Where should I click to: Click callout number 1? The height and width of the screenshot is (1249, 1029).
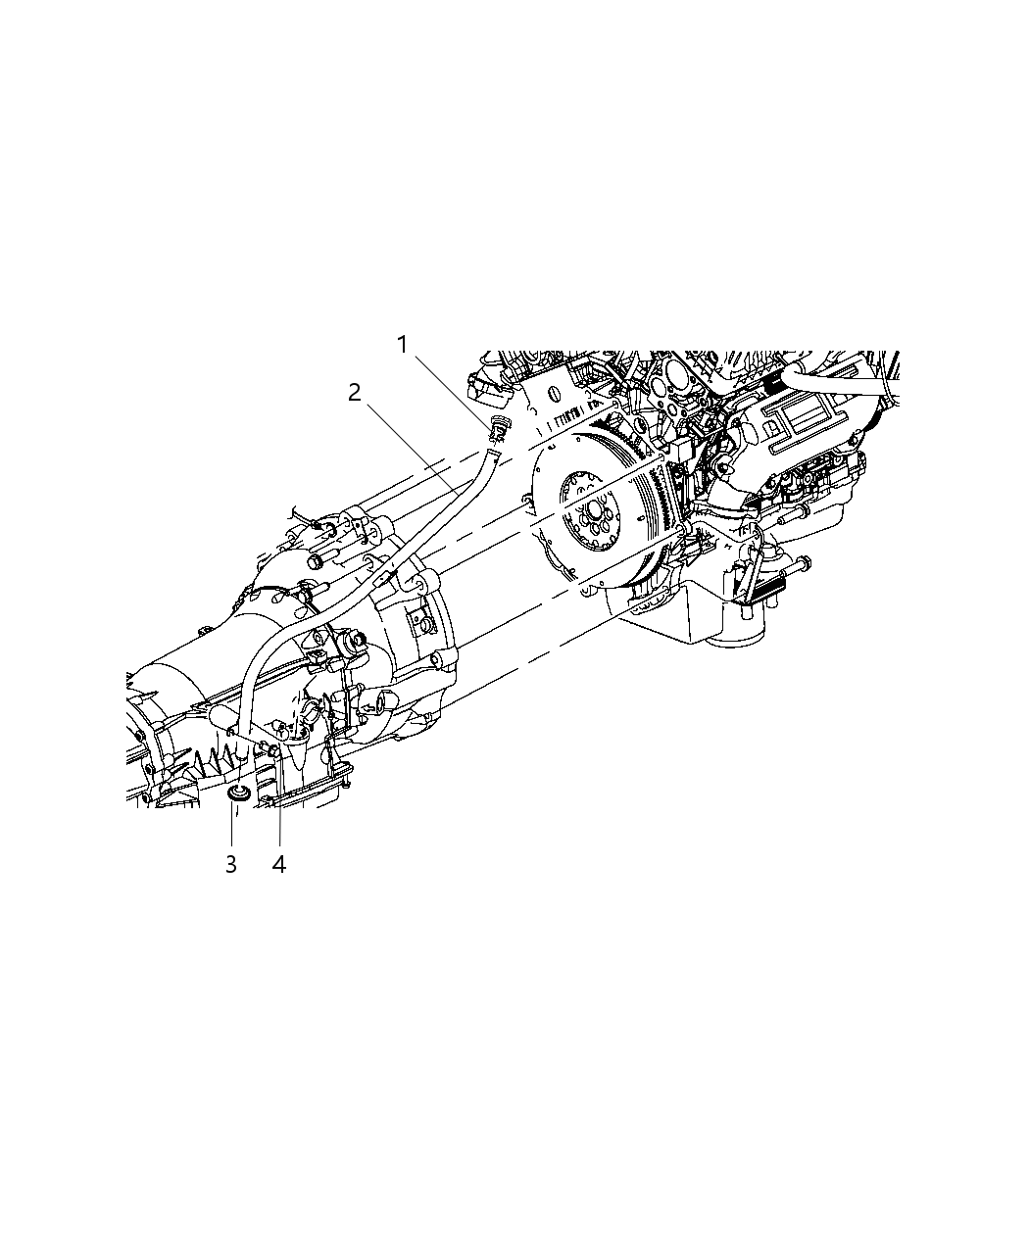coord(402,345)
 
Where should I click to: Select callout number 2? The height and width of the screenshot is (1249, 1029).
coord(354,393)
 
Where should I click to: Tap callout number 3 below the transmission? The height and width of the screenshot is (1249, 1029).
coord(231,864)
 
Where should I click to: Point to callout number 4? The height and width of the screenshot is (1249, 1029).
coord(279,864)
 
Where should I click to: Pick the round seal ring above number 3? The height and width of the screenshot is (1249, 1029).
coord(237,792)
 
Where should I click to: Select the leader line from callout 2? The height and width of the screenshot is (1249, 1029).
coord(412,446)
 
